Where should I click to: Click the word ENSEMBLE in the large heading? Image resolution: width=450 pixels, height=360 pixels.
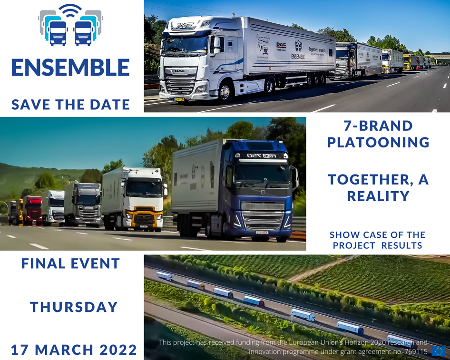click(x=70, y=68)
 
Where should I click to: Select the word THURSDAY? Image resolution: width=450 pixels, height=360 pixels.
click(x=74, y=307)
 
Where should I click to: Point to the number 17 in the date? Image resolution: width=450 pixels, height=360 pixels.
click(x=20, y=350)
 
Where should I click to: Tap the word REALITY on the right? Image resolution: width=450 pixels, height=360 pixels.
click(x=378, y=195)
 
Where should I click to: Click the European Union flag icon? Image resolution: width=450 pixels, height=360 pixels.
click(x=438, y=351)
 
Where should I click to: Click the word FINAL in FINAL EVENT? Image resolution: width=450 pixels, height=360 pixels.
click(x=42, y=264)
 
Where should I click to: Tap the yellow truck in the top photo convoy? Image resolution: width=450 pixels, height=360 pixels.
click(x=407, y=62)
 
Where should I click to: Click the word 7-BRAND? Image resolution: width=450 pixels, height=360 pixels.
click(x=378, y=126)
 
